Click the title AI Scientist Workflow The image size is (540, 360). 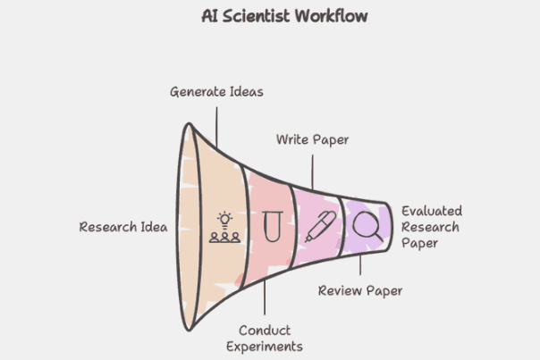(284, 16)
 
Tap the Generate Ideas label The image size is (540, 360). (216, 92)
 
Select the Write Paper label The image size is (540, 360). (312, 139)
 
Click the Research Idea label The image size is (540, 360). (123, 227)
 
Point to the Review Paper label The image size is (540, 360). (360, 291)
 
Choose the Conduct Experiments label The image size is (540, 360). (265, 339)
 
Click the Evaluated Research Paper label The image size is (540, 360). (432, 227)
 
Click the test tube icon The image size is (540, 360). (273, 227)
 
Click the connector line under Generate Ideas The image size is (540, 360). (216, 128)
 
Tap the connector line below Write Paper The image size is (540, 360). (312, 172)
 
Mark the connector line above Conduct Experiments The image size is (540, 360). (265, 297)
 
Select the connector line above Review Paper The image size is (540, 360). (360, 264)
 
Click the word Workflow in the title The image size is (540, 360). (331, 16)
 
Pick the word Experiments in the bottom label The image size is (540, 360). (265, 347)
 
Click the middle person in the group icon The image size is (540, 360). (225, 238)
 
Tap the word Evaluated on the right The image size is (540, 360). (432, 211)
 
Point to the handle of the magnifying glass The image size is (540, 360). (378, 237)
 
